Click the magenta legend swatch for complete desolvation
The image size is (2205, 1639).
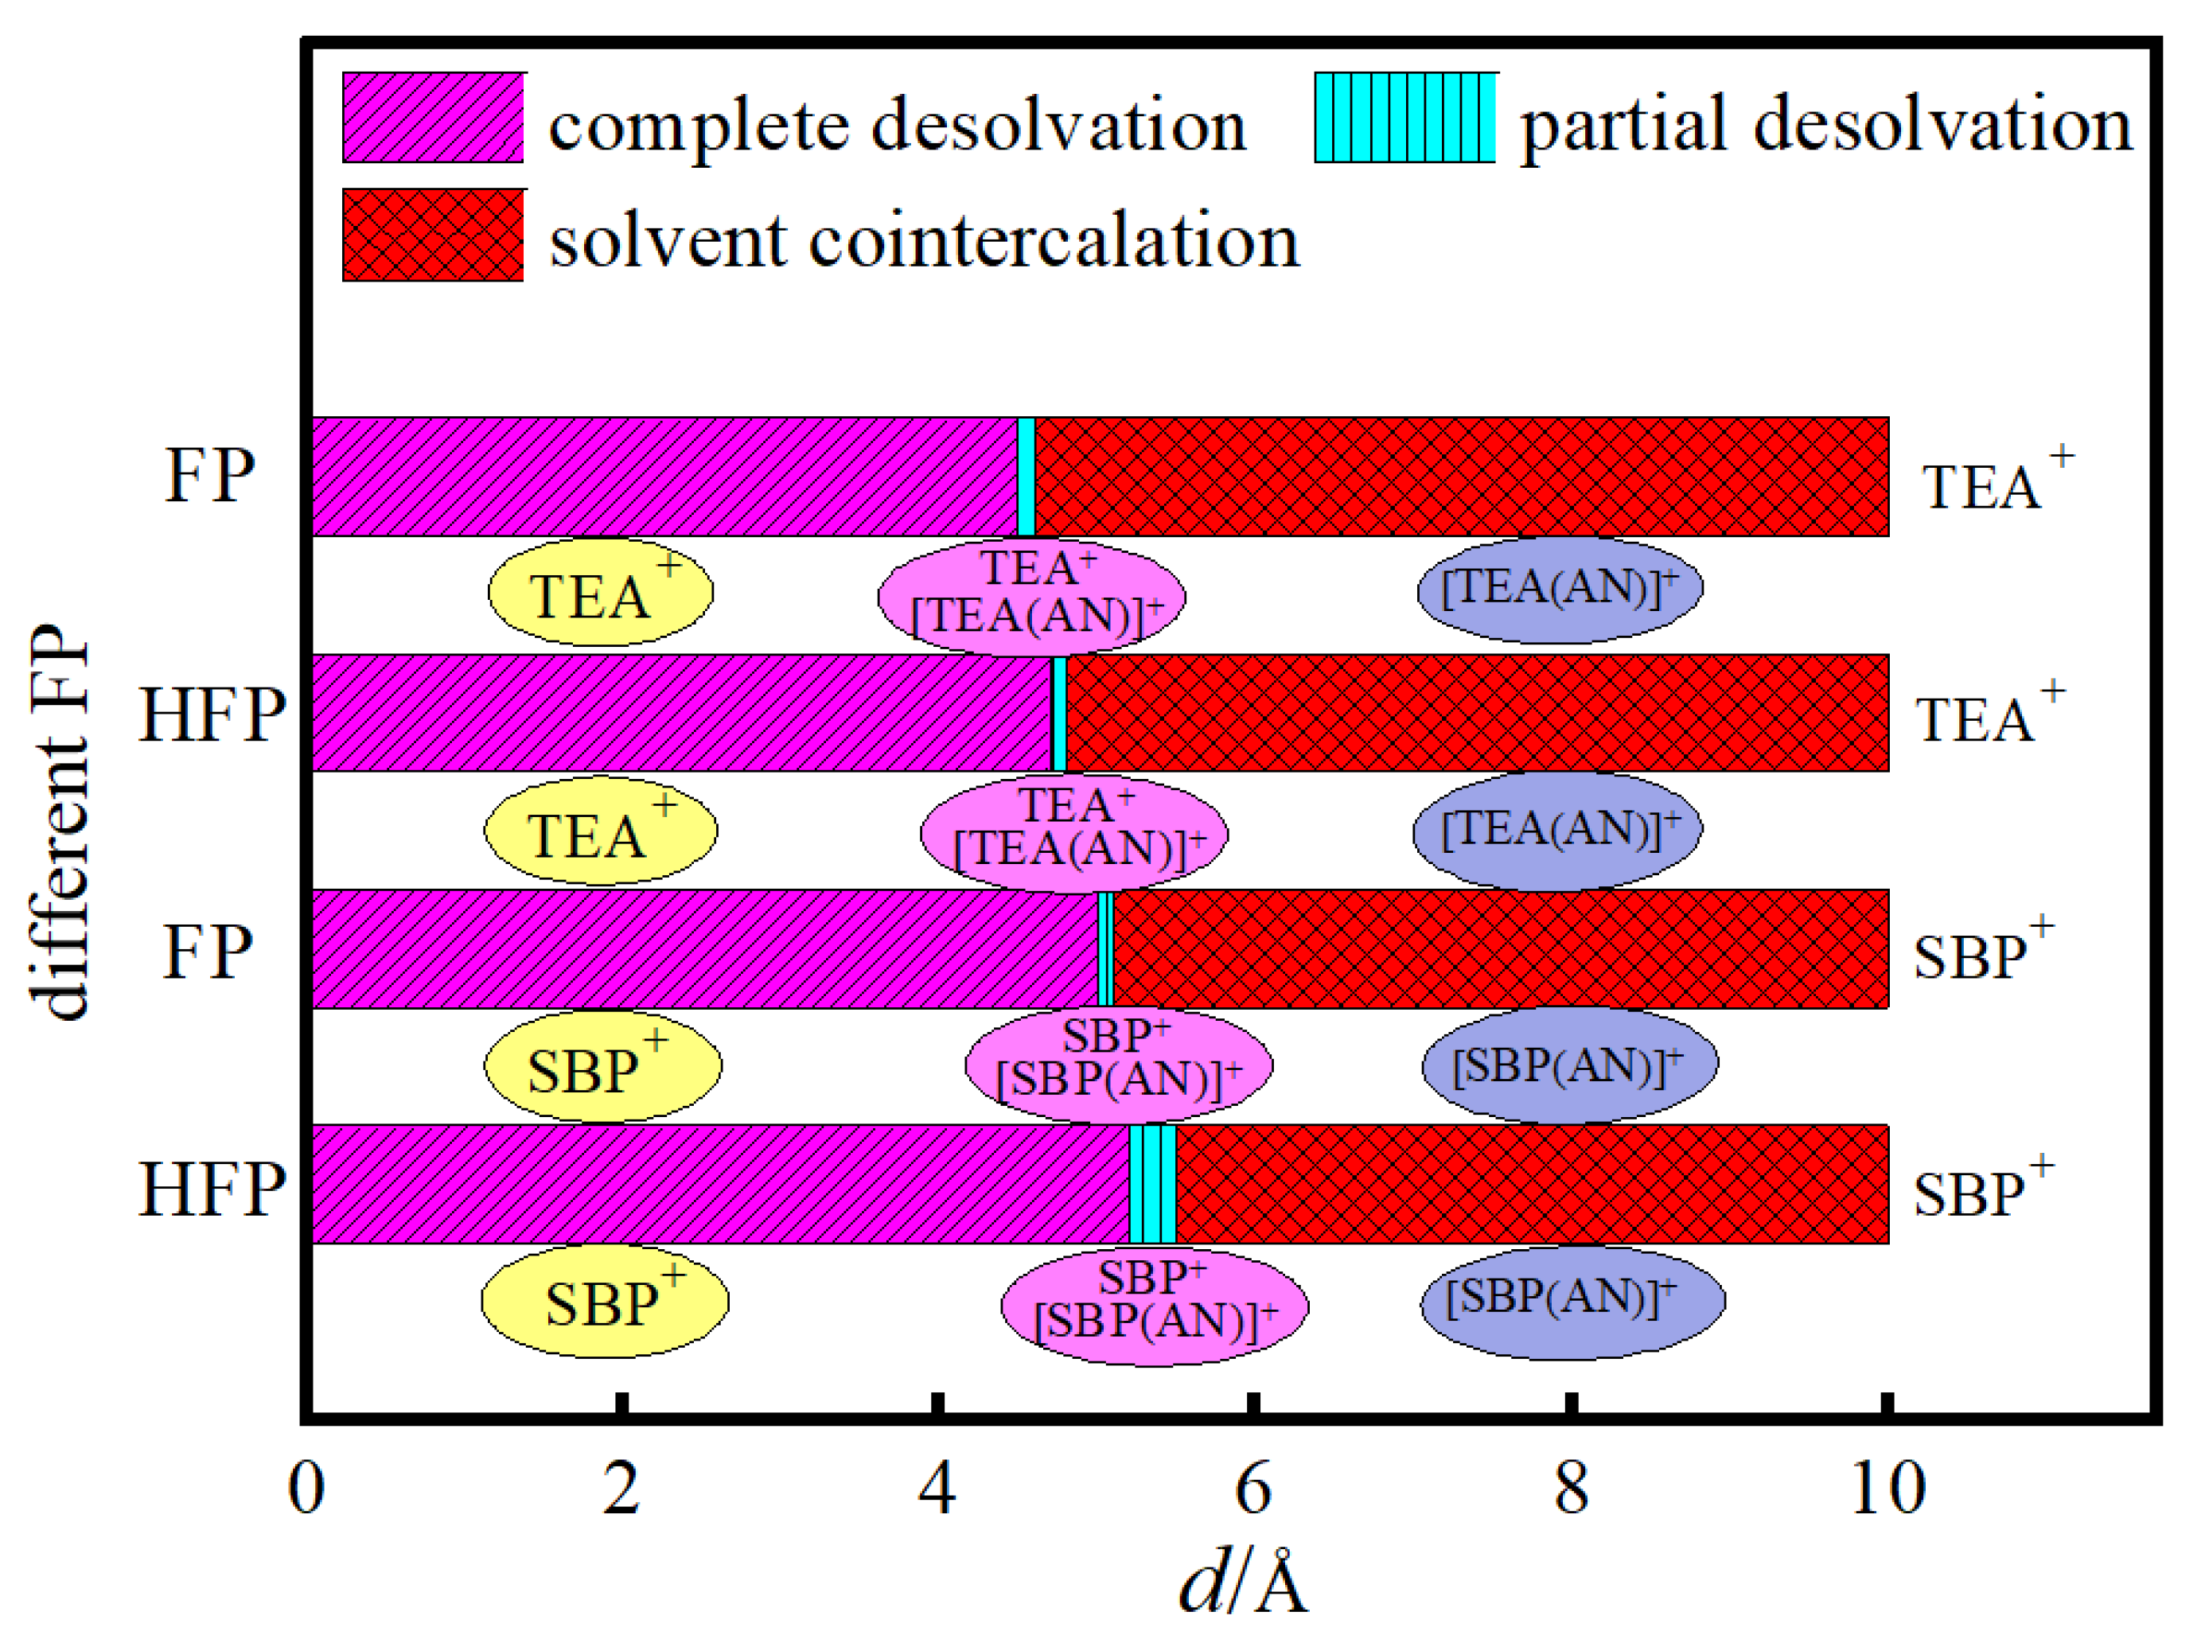(x=433, y=117)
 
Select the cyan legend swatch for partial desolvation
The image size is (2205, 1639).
(x=1404, y=117)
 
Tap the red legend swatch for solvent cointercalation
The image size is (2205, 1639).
(x=433, y=236)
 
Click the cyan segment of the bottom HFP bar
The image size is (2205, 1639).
(x=1152, y=1184)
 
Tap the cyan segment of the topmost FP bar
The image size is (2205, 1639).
(x=1026, y=477)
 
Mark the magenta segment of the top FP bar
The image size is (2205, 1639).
(x=665, y=477)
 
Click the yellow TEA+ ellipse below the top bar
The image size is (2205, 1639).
(x=600, y=592)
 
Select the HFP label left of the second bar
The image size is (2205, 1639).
(x=212, y=714)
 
